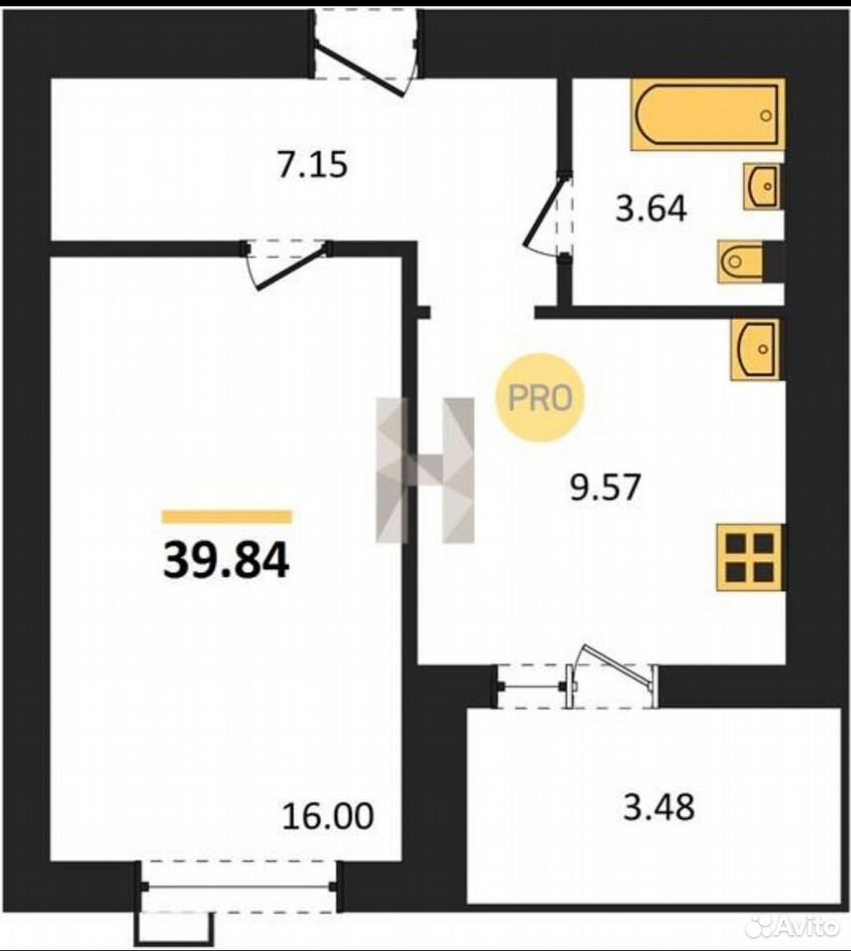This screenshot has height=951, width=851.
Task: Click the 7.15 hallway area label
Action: (313, 165)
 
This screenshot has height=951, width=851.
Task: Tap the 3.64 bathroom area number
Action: (652, 209)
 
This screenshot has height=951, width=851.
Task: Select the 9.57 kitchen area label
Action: (605, 487)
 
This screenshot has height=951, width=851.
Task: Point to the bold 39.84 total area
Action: (226, 560)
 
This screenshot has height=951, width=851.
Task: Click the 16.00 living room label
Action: (328, 815)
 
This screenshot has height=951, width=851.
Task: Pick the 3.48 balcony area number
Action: (660, 807)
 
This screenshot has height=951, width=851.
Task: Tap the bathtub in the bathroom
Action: (707, 114)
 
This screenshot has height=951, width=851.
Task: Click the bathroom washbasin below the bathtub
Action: (763, 186)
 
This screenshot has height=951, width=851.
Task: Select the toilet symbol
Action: (741, 262)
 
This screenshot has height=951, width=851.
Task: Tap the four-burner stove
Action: (750, 557)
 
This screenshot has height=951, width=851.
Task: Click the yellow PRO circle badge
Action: (540, 398)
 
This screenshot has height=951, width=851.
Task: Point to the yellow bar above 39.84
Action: (227, 517)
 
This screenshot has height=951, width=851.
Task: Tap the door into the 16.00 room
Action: (287, 264)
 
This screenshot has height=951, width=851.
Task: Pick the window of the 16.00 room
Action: (239, 886)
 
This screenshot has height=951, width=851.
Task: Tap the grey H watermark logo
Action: (425, 470)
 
